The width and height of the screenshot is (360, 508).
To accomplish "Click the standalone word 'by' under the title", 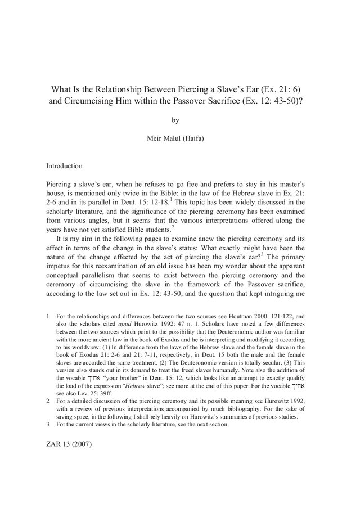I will point(179,119).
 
